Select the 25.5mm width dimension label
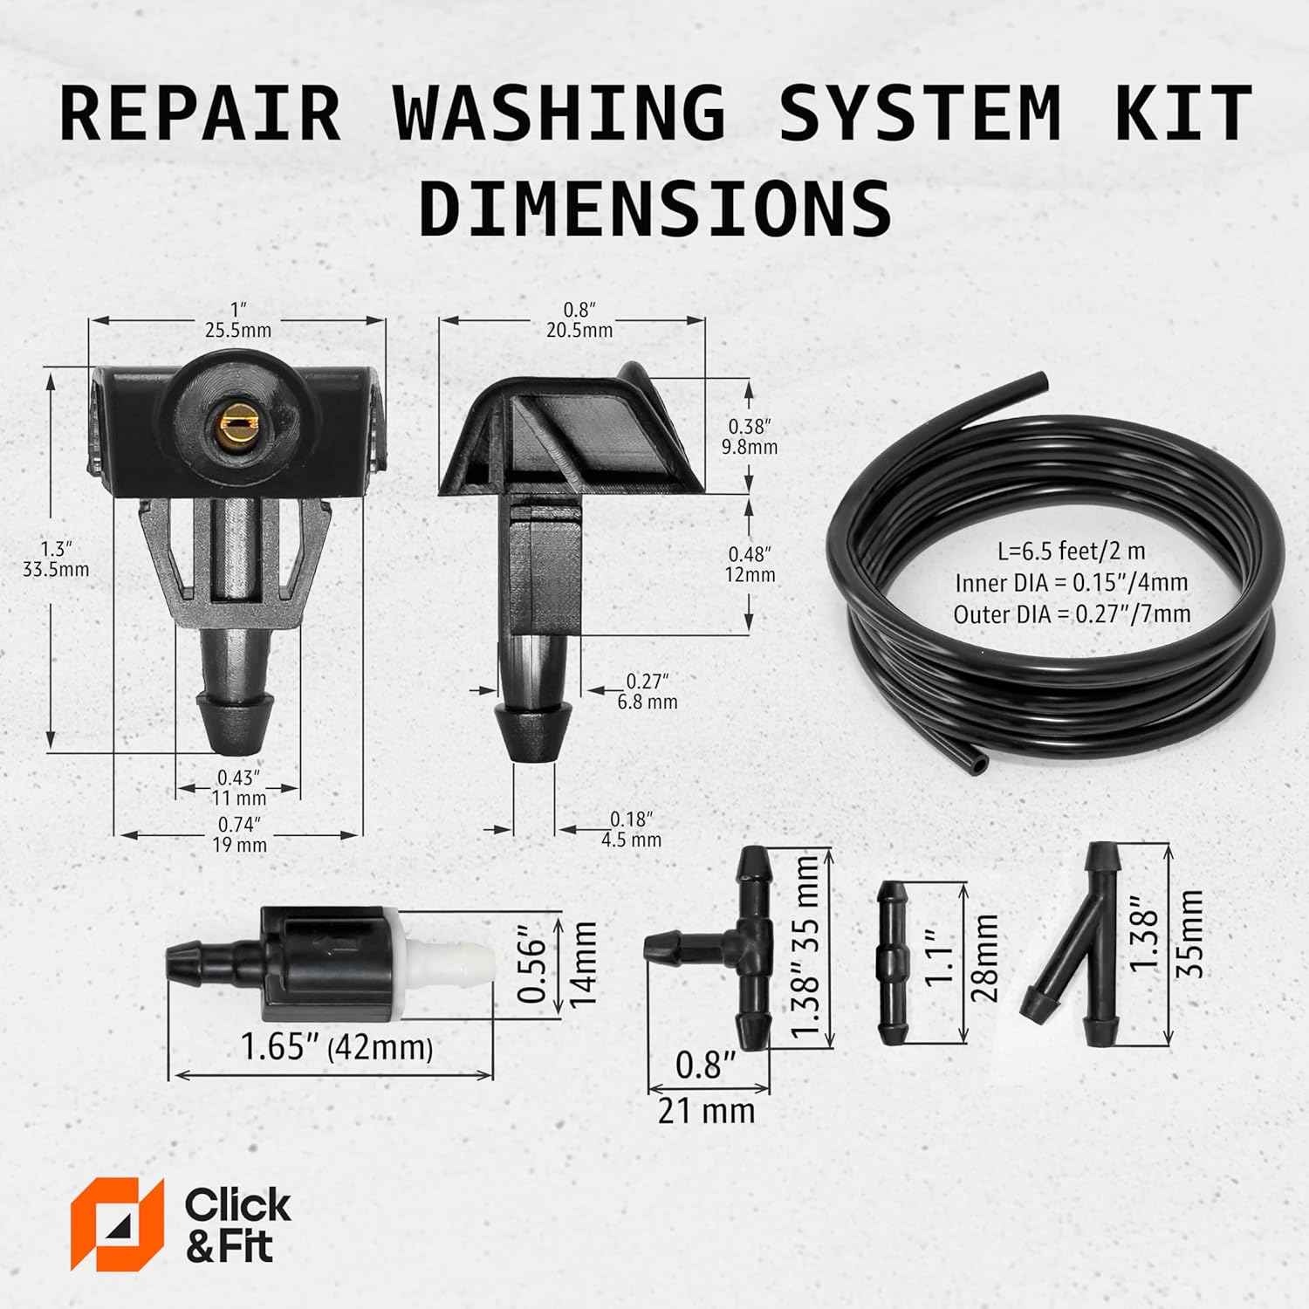click(237, 331)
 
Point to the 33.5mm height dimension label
click(56, 570)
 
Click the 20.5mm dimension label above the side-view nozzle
click(579, 331)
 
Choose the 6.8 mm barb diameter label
click(647, 702)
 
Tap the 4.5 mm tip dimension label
click(631, 840)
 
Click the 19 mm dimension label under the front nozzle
click(239, 845)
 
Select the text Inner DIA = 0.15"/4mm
click(1071, 583)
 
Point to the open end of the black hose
click(980, 764)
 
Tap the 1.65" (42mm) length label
click(337, 1047)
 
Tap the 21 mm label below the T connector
click(706, 1111)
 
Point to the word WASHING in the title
click(559, 113)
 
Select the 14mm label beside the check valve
click(583, 964)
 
